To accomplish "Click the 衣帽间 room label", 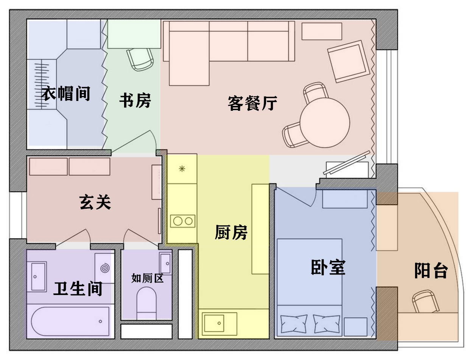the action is coord(65,93).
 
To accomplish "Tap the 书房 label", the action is coord(135,100).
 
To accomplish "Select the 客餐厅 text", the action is coord(252,103).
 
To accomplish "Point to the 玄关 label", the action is coord(95,202).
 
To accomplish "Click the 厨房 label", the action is coord(231,232).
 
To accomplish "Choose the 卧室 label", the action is coord(328,267).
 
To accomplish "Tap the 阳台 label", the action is coord(431,270).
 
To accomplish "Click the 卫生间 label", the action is coord(78,289).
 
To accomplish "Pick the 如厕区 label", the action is coord(148,278).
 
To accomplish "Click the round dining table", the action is coord(325,123).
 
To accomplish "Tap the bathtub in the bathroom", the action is coord(70,321).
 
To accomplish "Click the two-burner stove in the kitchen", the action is coord(183,221).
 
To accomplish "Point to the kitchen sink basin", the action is coord(214,323).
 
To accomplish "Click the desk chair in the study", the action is coord(140,59).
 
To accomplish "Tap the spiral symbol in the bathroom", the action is coord(105,268).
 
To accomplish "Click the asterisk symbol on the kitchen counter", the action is coord(182,169).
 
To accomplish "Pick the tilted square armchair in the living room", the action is coord(349,62).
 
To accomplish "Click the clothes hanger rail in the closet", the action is coord(42,84).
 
